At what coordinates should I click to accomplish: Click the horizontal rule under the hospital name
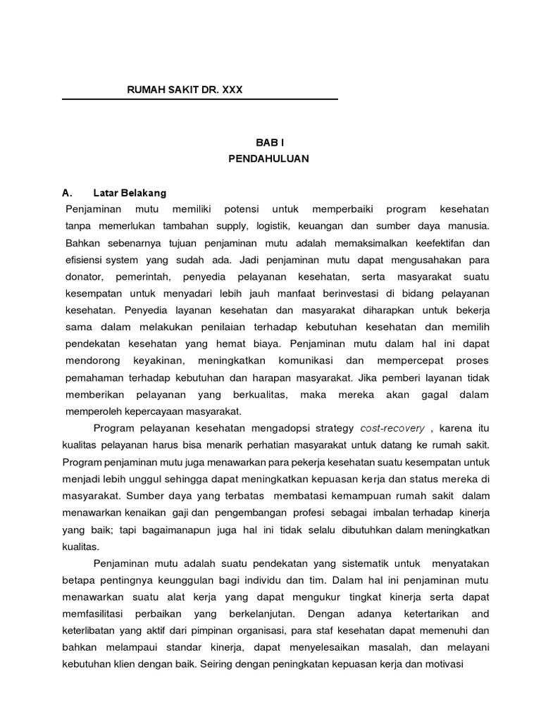(200, 99)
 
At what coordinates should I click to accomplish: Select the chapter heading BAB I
(268, 142)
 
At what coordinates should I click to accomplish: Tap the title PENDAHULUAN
(268, 159)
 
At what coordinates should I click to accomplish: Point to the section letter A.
(67, 192)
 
